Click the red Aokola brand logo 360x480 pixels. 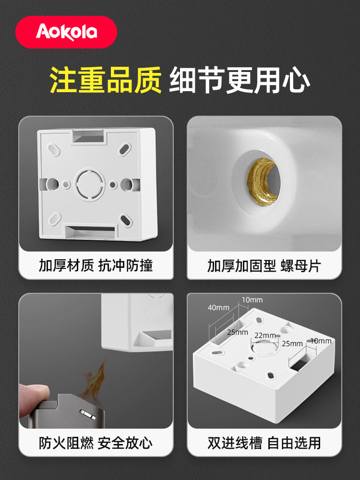[x=66, y=32]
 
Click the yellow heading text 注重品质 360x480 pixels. [x=106, y=80]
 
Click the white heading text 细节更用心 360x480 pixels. [x=240, y=80]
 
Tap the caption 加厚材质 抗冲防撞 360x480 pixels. [x=96, y=265]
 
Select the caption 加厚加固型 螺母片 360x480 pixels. [x=264, y=266]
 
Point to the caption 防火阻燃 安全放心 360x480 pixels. [x=96, y=443]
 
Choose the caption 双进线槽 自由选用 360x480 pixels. [x=264, y=443]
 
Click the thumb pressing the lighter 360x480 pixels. [x=33, y=398]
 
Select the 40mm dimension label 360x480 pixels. [x=218, y=307]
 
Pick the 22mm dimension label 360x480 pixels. [x=265, y=335]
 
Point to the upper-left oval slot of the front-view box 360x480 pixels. [x=54, y=150]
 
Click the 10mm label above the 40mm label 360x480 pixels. [x=252, y=300]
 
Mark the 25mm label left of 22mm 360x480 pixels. [x=238, y=332]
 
